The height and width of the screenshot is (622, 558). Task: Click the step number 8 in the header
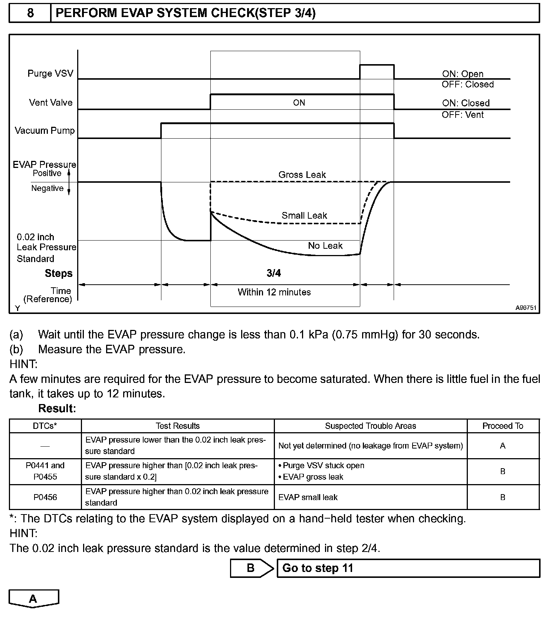click(30, 13)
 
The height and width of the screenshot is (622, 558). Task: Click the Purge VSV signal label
click(50, 73)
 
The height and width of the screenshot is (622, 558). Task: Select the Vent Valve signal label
click(51, 103)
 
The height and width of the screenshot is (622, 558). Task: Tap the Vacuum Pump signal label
click(45, 130)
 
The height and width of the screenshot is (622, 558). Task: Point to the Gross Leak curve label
click(302, 175)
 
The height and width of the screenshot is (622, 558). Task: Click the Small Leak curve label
click(304, 215)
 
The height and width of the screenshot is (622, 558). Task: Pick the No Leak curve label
click(325, 246)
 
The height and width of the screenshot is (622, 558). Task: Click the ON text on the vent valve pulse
click(299, 103)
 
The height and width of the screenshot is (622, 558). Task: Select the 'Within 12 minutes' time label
click(274, 292)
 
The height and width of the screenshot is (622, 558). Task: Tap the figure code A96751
click(525, 308)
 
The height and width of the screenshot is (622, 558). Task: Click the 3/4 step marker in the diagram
click(274, 273)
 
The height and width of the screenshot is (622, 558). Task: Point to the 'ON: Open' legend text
click(463, 74)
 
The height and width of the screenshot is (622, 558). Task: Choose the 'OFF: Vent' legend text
click(463, 115)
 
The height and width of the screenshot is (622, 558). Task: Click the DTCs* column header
click(45, 426)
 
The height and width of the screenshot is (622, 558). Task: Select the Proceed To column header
click(503, 426)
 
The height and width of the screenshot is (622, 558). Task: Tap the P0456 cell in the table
click(45, 497)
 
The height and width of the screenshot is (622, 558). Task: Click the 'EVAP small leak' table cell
click(308, 497)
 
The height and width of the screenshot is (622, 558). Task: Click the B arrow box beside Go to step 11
click(251, 568)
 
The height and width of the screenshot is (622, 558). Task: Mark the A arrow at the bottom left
click(33, 599)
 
